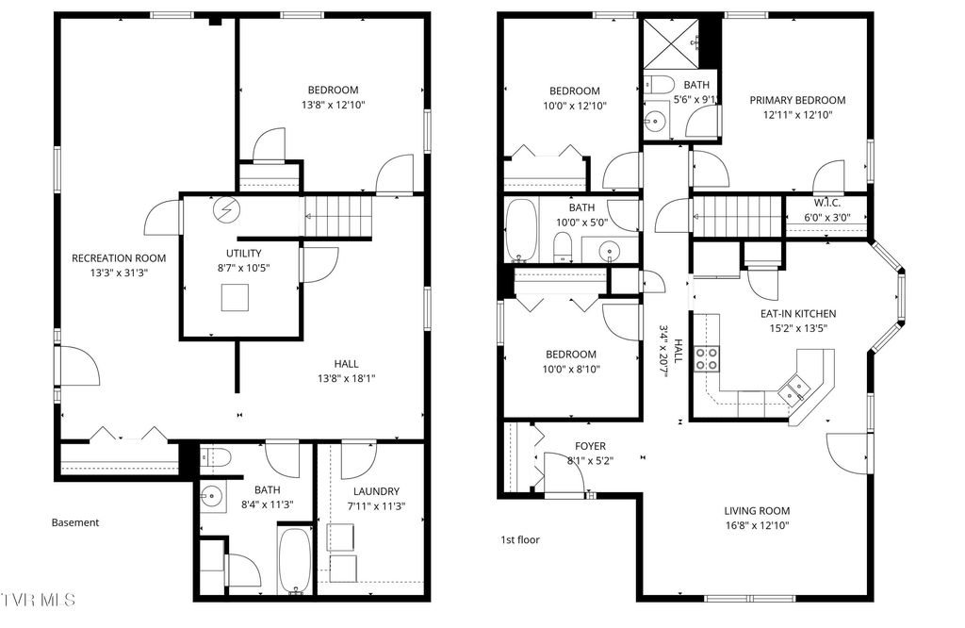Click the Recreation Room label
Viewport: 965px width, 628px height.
point(119,257)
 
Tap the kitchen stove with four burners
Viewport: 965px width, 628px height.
point(706,358)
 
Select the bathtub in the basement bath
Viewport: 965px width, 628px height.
point(294,560)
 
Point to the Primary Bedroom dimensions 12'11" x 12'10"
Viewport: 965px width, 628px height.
point(797,115)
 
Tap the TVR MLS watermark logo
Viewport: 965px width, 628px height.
point(38,600)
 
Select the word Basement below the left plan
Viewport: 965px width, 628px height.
point(75,522)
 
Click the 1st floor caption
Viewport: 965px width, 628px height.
point(519,540)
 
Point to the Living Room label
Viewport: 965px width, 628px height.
point(757,509)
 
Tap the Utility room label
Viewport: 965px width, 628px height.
point(243,253)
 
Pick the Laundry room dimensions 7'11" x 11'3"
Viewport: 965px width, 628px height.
point(376,504)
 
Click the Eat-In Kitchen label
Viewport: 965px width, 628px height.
point(798,314)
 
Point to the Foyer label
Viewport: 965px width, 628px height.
point(590,446)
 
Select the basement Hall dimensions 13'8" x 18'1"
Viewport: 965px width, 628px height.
point(346,378)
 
